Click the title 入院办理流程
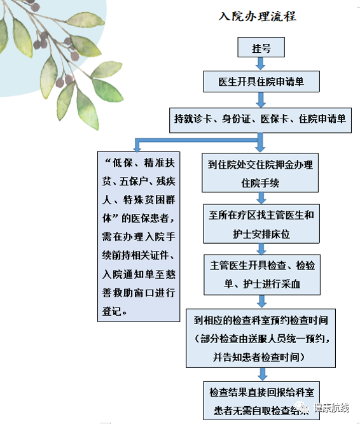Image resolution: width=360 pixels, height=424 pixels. tap(257, 16)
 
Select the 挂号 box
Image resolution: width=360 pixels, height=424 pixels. tap(261, 47)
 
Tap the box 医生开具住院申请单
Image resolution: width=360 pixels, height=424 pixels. tap(261, 81)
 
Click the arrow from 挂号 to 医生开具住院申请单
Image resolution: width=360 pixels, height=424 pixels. tap(261, 64)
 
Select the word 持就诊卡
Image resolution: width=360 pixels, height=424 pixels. tap(193, 118)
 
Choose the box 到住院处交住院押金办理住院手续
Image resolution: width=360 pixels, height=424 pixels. tap(260, 173)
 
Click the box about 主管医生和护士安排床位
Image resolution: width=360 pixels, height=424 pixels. tap(261, 223)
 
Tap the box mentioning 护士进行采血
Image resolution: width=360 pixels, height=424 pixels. tap(262, 274)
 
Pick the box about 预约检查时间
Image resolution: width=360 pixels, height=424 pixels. tap(261, 338)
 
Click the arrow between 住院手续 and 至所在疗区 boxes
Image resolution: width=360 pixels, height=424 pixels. tap(261, 198)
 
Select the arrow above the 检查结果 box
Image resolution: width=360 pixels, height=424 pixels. tap(262, 374)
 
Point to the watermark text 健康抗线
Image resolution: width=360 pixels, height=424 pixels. tap(331, 407)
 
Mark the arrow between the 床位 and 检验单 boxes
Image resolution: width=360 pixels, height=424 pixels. tap(261, 249)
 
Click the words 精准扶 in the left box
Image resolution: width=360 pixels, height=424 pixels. tap(160, 163)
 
